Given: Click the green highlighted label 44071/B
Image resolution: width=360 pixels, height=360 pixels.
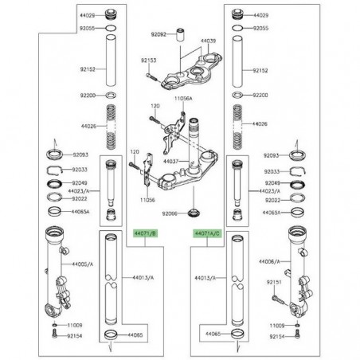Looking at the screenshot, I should (x=144, y=234).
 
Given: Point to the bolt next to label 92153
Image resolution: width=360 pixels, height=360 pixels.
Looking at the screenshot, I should (x=151, y=76).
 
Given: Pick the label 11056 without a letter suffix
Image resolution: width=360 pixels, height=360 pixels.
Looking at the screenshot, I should (x=146, y=199).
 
